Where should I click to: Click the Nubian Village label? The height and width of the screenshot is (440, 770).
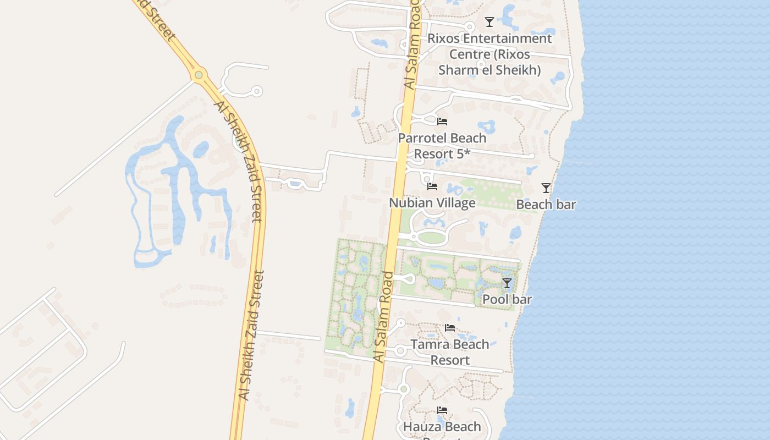coord(432,203)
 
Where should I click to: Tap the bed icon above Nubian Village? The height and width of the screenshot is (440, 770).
coord(432,186)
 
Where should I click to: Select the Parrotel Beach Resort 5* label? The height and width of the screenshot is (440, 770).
coord(442,146)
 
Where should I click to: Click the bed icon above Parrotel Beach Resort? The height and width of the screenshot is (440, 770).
coord(442,122)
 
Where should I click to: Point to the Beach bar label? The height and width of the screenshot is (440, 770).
coord(546,205)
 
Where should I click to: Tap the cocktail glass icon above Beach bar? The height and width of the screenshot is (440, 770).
coord(546,188)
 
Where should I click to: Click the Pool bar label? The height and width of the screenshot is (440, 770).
coord(507,300)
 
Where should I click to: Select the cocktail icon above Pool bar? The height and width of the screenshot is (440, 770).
coord(507,283)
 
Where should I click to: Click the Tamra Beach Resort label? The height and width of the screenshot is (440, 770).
coord(450,352)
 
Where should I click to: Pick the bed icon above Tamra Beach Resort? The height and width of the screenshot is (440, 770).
coord(450,328)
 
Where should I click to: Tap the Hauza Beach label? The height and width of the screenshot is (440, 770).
coord(442,427)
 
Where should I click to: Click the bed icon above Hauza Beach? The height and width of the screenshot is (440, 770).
coord(442,410)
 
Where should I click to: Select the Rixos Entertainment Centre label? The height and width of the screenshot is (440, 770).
coord(490,54)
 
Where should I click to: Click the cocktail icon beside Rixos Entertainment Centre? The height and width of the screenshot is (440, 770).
coord(489,22)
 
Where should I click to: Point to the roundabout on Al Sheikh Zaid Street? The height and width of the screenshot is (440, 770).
coord(199,74)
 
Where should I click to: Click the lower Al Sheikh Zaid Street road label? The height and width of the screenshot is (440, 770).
coord(251,335)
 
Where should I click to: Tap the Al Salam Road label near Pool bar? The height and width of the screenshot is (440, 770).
coord(384,316)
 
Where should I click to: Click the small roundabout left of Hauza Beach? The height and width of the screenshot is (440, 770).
coord(403,389)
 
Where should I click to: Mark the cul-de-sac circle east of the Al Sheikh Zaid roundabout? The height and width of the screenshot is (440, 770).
coord(256,91)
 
